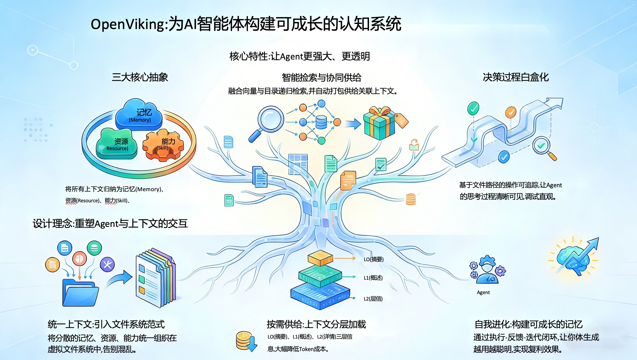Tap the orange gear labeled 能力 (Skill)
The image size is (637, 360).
tap(163, 145)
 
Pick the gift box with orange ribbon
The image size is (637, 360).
tap(379, 123)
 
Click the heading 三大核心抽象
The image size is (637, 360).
tap(140, 77)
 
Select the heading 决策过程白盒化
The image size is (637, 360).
tap(516, 77)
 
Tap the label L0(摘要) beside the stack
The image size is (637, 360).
tap(373, 259)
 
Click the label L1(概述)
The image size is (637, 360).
tap(373, 278)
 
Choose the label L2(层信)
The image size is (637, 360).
tap(373, 299)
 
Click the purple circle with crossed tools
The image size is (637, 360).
tap(107, 264)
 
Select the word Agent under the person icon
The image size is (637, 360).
tap(483, 292)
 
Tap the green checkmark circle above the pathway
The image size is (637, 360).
tap(473, 108)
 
